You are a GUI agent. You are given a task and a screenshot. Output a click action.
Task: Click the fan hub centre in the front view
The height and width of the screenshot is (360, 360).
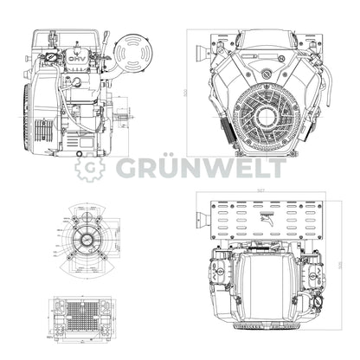(266, 114)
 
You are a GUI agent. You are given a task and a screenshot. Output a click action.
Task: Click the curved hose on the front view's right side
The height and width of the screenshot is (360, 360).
(313, 130)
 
